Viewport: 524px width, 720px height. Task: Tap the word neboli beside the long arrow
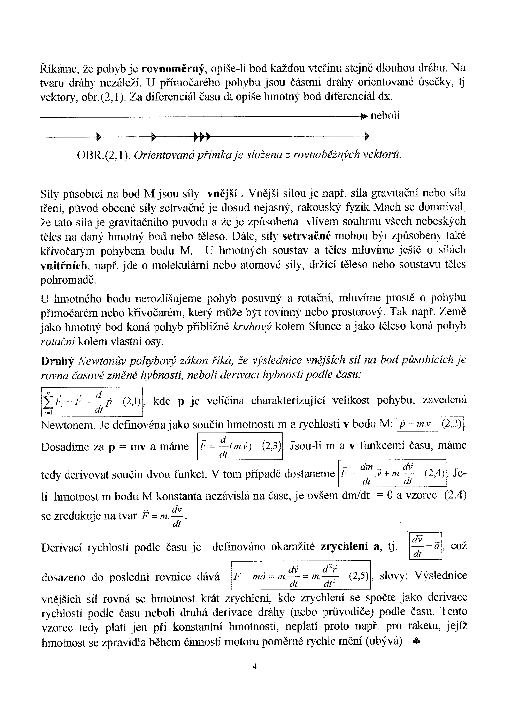tap(385, 115)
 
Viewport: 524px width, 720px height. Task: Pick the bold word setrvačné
tap(306, 236)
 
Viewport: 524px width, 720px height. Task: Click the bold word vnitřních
tap(64, 265)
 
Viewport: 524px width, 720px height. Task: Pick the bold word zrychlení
tap(344, 547)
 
